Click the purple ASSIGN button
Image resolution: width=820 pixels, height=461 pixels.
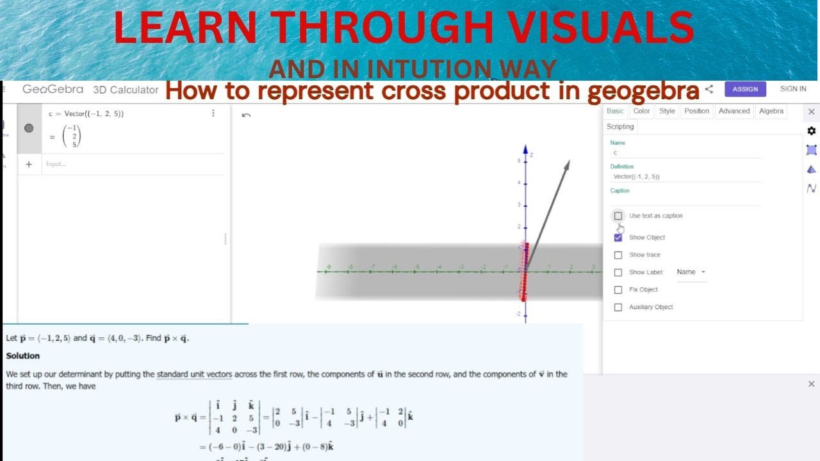pyautogui.click(x=745, y=89)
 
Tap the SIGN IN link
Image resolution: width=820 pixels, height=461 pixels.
pyautogui.click(x=793, y=89)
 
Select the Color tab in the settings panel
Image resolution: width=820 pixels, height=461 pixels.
pyautogui.click(x=641, y=111)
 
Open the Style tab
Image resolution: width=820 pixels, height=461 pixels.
pyautogui.click(x=667, y=111)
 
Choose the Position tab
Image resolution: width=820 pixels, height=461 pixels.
pyautogui.click(x=696, y=111)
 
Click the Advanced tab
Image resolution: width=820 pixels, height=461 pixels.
pyautogui.click(x=734, y=111)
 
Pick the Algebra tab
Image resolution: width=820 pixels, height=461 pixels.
pyautogui.click(x=771, y=111)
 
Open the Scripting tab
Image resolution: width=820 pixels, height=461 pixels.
pyautogui.click(x=620, y=127)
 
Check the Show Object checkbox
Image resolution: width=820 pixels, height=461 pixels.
pyautogui.click(x=618, y=238)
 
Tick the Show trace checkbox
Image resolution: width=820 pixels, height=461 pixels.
pyautogui.click(x=618, y=255)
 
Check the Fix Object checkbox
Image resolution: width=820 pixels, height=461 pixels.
pyautogui.click(x=618, y=289)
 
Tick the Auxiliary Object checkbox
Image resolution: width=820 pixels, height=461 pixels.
pyautogui.click(x=618, y=307)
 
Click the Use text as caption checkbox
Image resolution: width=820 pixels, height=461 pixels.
pyautogui.click(x=618, y=216)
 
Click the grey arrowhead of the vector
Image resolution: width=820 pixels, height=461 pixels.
pyautogui.click(x=566, y=165)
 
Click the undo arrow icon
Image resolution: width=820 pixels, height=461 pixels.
pyautogui.click(x=246, y=115)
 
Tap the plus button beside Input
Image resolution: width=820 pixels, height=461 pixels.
pyautogui.click(x=29, y=165)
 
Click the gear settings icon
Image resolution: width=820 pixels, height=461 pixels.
pyautogui.click(x=812, y=131)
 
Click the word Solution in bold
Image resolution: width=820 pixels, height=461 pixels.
pyautogui.click(x=23, y=356)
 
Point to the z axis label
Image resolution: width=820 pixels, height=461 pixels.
pyautogui.click(x=532, y=155)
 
